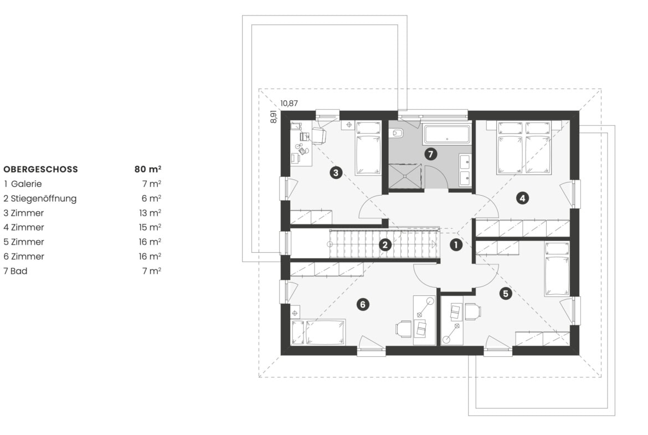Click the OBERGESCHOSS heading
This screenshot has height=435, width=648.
pyautogui.click(x=40, y=169)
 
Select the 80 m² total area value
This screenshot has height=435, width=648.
pyautogui.click(x=147, y=168)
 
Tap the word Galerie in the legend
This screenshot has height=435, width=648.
pyautogui.click(x=26, y=183)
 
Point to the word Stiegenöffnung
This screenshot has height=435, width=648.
pyautogui.click(x=44, y=198)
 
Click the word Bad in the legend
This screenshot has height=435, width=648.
pyautogui.click(x=19, y=271)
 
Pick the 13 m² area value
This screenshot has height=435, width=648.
pyautogui.click(x=150, y=213)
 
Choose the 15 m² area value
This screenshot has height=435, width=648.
pyautogui.click(x=150, y=227)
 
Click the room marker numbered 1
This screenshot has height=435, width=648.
pyautogui.click(x=456, y=245)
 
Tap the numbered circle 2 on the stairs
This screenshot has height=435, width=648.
pyautogui.click(x=385, y=245)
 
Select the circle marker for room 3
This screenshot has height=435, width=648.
pyautogui.click(x=336, y=172)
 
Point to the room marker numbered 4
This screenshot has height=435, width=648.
pyautogui.click(x=522, y=198)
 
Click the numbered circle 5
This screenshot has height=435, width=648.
pyautogui.click(x=506, y=293)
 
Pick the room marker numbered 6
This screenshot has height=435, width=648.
pyautogui.click(x=362, y=305)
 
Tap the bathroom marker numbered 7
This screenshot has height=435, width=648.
pyautogui.click(x=431, y=154)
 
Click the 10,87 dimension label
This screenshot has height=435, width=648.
pyautogui.click(x=289, y=104)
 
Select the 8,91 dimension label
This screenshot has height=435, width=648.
pyautogui.click(x=273, y=116)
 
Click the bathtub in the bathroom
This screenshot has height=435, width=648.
pyautogui.click(x=447, y=134)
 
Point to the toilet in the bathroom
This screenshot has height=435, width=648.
pyautogui.click(x=397, y=133)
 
